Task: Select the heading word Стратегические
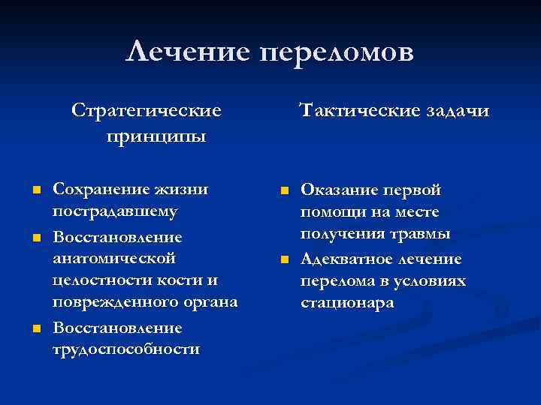coord(147,111)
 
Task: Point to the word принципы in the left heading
coord(157,136)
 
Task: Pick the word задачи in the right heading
coord(456,111)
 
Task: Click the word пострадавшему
coord(125,211)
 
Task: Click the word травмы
coord(420,235)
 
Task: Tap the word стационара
coord(346,304)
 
